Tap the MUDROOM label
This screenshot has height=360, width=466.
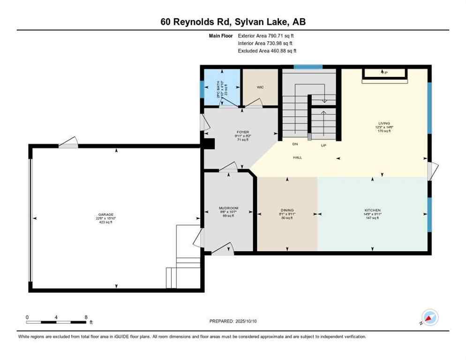[x=229, y=208]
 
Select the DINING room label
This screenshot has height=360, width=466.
[x=287, y=210]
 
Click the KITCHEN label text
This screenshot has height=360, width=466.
[x=373, y=210]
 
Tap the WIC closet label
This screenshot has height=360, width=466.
[x=261, y=87]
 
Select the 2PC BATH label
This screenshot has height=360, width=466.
[x=218, y=88]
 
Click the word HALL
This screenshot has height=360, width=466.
[x=297, y=157]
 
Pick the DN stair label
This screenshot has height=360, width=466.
[x=295, y=144]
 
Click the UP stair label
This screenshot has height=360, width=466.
[x=323, y=145]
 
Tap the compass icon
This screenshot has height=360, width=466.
[x=429, y=318]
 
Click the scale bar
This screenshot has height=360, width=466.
[x=56, y=322]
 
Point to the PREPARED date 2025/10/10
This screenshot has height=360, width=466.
[x=233, y=321]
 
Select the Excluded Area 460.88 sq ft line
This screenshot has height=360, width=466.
[x=267, y=51]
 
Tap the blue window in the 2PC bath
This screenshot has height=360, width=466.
[x=202, y=89]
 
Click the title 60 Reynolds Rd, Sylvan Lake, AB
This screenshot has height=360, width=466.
[x=233, y=22]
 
